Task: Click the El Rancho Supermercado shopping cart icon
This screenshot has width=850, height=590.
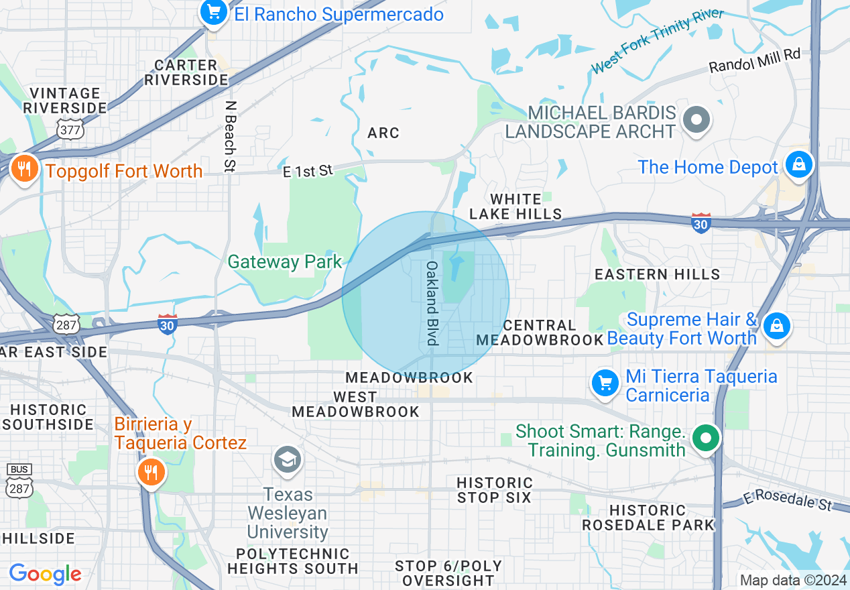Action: point(214,12)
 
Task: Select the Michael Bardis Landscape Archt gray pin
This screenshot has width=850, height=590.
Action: point(696,120)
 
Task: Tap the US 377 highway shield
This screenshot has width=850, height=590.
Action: point(70,129)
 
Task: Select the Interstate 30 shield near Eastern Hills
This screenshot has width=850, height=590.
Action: point(701,223)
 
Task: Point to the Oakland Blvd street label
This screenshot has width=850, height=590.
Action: point(432,304)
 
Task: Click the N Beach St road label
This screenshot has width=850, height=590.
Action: point(230,137)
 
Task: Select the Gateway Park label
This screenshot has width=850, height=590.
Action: point(285,261)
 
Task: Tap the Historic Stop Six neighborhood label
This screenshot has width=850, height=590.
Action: point(494,490)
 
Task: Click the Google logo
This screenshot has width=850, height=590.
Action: point(45,574)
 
